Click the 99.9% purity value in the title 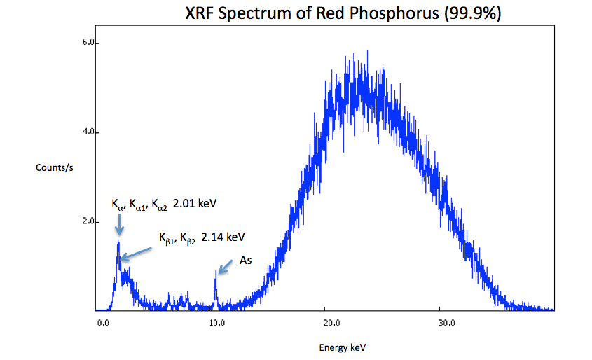point(472,13)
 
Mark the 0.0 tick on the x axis point(103,324)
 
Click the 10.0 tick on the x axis point(216,324)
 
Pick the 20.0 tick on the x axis point(331,324)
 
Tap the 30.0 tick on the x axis point(446,324)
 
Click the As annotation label point(246,261)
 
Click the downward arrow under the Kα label point(119,225)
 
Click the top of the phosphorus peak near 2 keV point(118,241)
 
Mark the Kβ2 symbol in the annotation point(187,238)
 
